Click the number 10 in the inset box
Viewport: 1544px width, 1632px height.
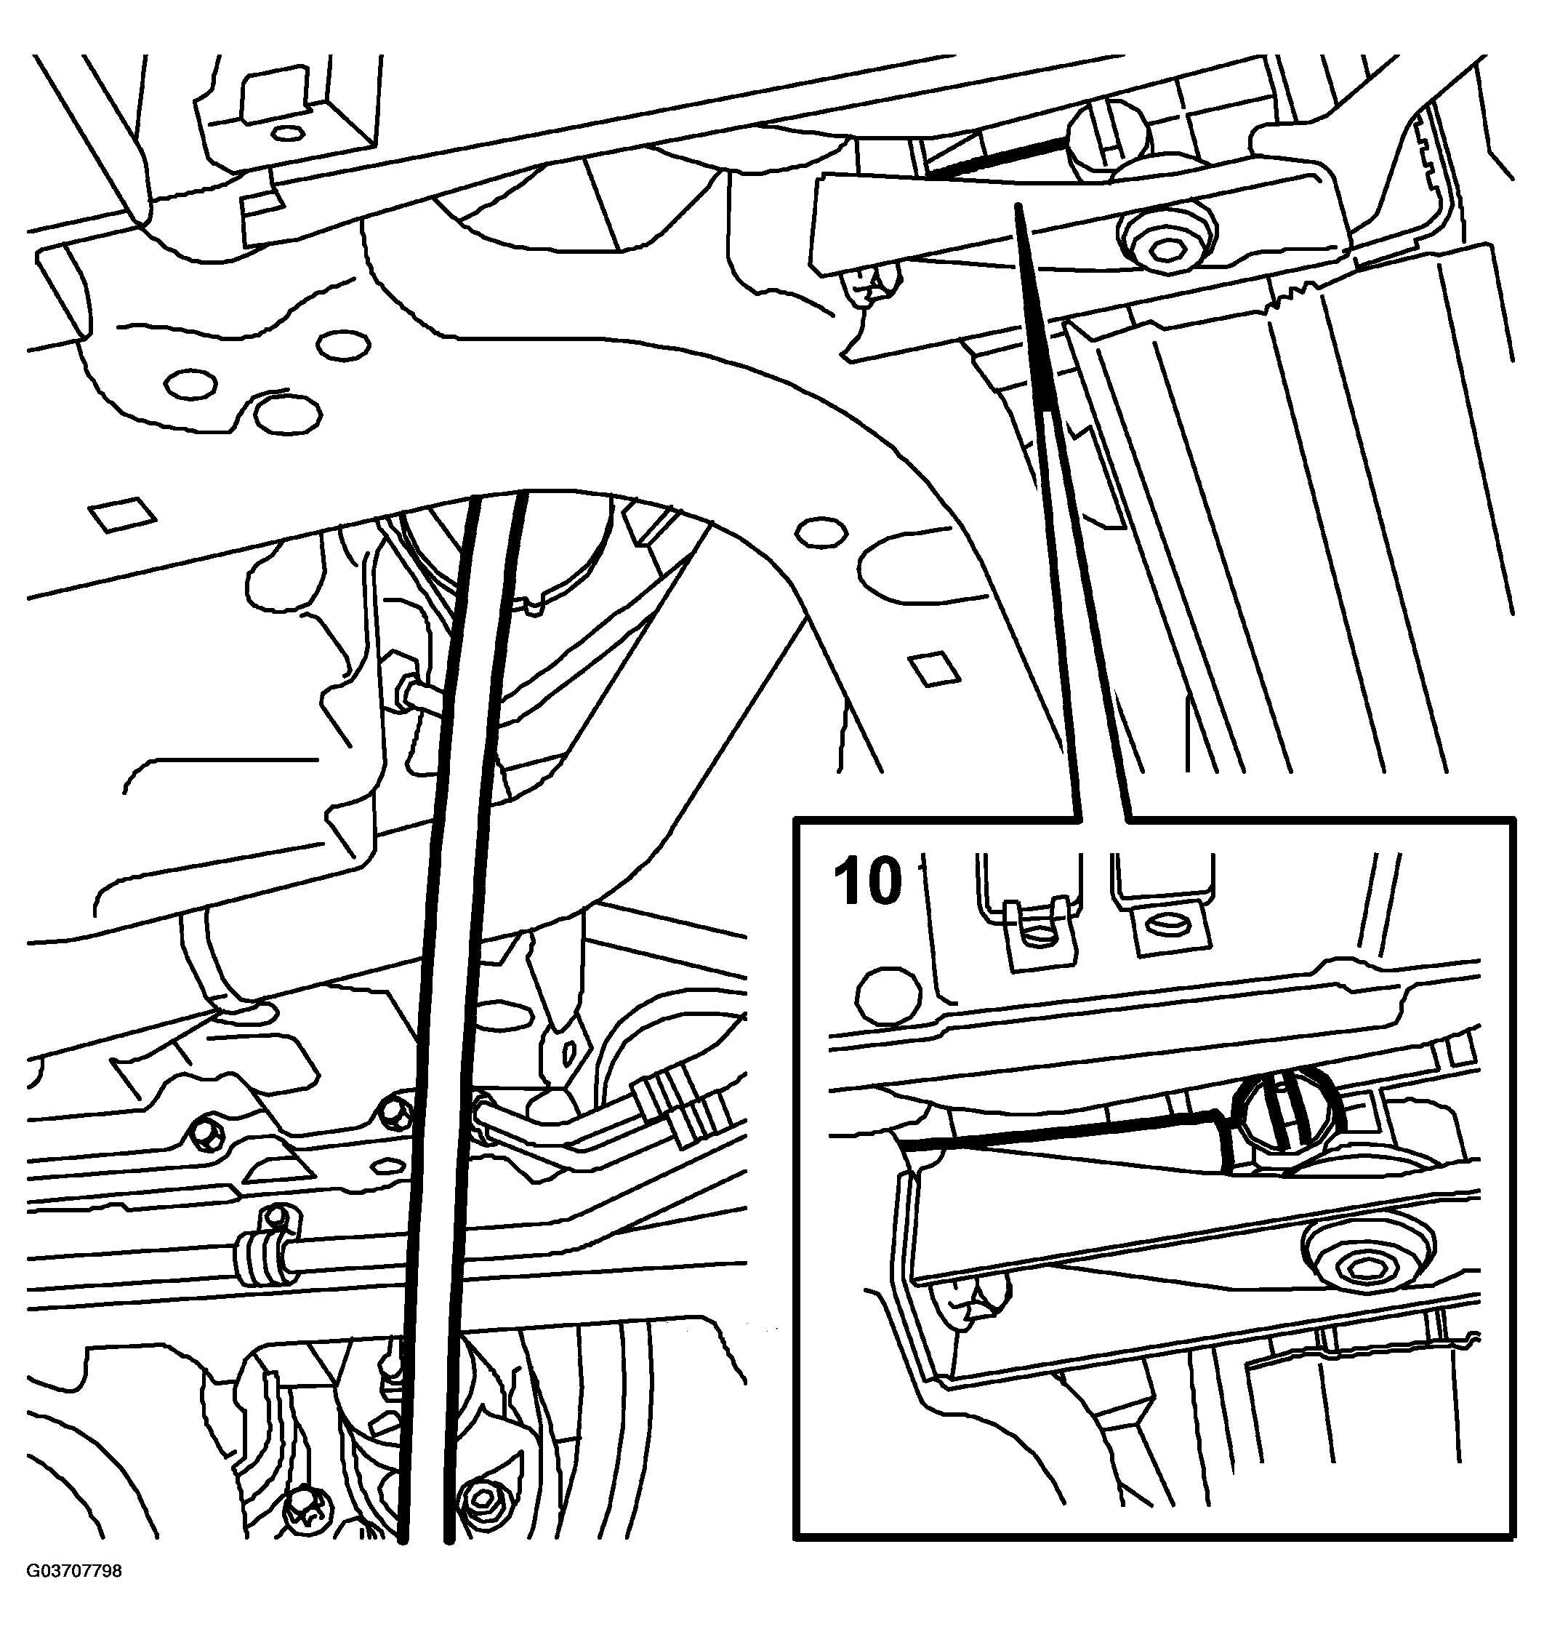click(x=867, y=882)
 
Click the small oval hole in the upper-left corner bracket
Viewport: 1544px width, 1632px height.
click(x=287, y=132)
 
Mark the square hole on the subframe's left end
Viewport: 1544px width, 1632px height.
click(x=122, y=515)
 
